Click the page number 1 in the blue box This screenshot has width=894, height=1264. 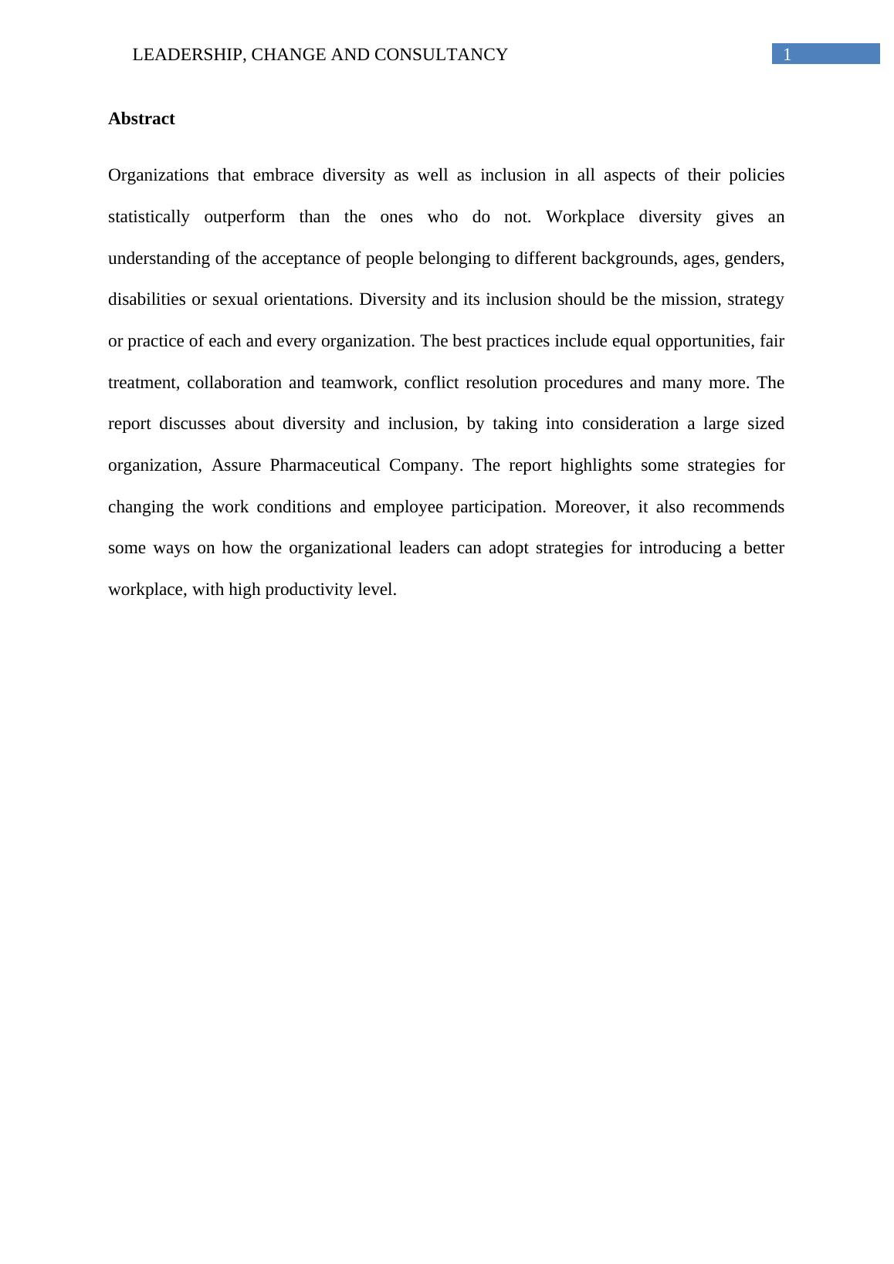[x=787, y=55]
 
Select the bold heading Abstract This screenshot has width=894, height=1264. [x=141, y=119]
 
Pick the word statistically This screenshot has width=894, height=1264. [x=149, y=217]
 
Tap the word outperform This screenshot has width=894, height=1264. [x=245, y=217]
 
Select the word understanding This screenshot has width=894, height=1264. [x=159, y=259]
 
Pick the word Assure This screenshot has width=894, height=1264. [x=236, y=465]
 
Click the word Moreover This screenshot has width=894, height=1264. [x=591, y=507]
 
